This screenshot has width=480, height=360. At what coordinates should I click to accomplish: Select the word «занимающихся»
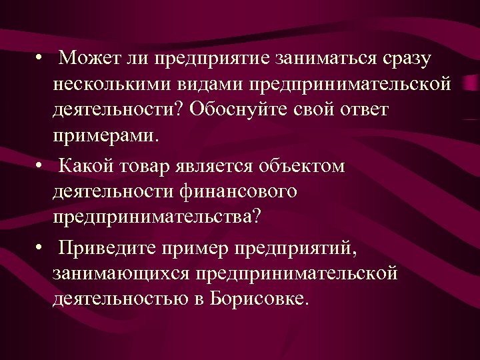coord(119,273)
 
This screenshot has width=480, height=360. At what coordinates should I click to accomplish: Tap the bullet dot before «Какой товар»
coord(42,165)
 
